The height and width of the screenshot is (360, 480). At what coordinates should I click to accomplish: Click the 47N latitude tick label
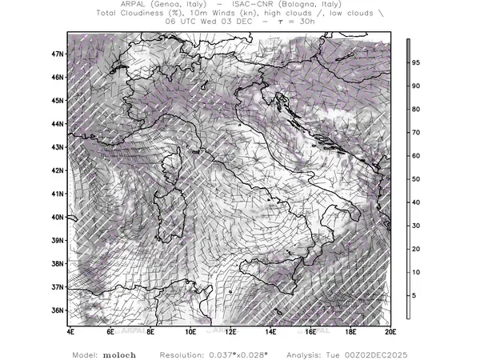click(58, 54)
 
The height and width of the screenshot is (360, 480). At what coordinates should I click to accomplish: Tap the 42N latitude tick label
click(58, 170)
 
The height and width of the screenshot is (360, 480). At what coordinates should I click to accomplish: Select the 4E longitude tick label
click(70, 330)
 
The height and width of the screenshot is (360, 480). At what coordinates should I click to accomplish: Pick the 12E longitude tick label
click(230, 330)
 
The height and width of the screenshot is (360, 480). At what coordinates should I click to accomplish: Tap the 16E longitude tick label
click(310, 330)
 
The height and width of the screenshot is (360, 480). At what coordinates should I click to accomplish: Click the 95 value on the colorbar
click(416, 62)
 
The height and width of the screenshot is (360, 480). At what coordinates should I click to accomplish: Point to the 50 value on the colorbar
click(416, 179)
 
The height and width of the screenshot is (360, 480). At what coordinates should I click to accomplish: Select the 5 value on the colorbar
click(414, 296)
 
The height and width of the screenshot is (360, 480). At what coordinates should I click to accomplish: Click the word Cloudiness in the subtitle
click(145, 13)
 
